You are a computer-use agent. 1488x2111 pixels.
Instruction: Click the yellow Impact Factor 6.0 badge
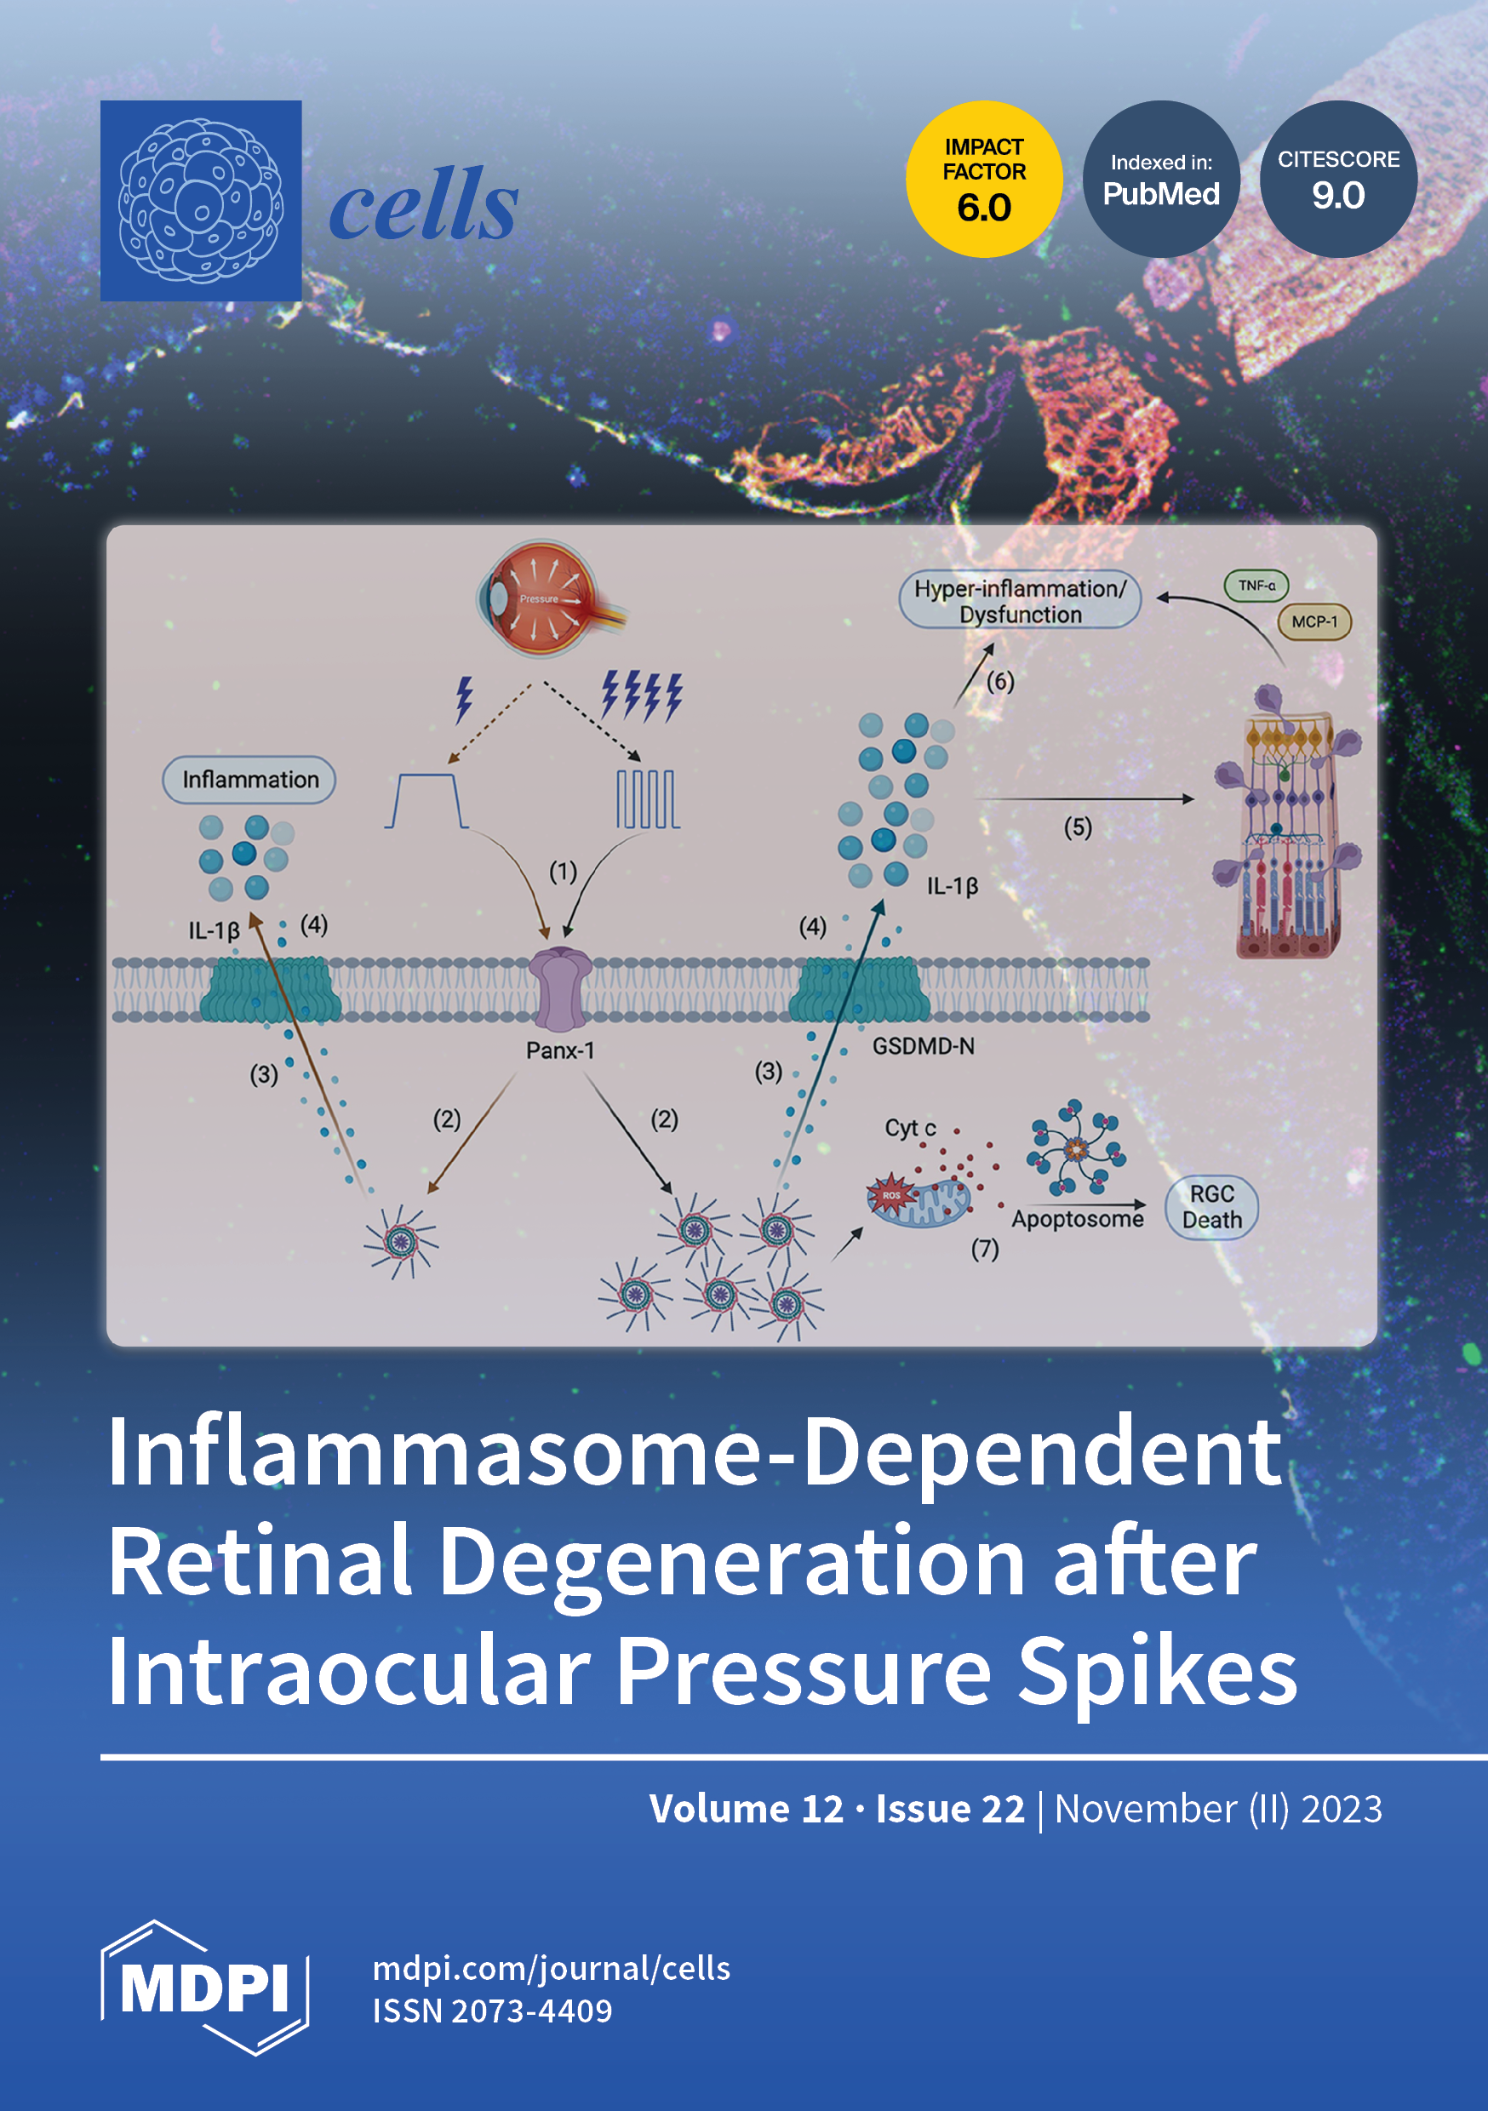(x=983, y=180)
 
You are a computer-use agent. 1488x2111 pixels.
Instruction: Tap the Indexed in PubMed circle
(x=1160, y=180)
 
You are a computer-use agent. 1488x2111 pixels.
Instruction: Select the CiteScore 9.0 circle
(x=1338, y=180)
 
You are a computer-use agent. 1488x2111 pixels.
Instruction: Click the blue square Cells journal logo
(x=201, y=200)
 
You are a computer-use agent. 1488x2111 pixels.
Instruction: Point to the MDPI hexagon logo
(x=204, y=1988)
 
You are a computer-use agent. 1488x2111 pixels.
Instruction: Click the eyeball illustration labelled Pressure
(x=545, y=598)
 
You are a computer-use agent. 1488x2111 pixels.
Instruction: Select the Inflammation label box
(x=249, y=780)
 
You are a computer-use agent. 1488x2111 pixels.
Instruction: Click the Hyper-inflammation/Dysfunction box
(x=1020, y=600)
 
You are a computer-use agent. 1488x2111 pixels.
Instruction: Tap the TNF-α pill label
(x=1256, y=585)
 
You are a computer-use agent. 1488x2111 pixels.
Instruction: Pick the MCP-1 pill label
(x=1314, y=621)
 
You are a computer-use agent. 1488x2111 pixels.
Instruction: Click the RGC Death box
(x=1211, y=1206)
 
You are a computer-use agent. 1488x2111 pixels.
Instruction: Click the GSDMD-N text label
(x=924, y=1046)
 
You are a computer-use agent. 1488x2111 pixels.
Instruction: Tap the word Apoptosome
(x=1077, y=1219)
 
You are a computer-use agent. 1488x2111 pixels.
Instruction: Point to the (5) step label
(x=1078, y=827)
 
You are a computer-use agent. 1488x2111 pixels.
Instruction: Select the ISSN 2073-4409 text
(x=492, y=2011)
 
